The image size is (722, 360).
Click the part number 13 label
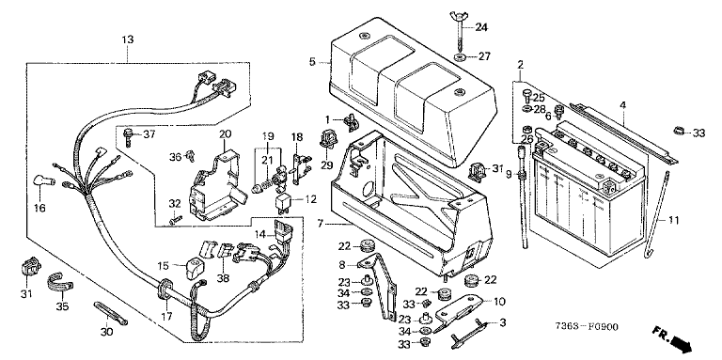[128, 39]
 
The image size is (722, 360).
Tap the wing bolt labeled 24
[460, 31]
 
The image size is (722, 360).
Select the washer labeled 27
[460, 58]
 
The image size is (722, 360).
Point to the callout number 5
[312, 62]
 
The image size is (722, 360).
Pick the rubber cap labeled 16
[45, 180]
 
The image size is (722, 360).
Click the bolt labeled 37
[128, 136]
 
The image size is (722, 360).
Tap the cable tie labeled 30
[111, 314]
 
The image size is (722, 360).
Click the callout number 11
[674, 220]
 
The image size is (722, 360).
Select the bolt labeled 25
[526, 96]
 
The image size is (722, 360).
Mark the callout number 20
[225, 134]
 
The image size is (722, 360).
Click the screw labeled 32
[176, 220]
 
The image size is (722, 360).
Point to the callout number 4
[622, 105]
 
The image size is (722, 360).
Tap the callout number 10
[499, 302]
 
